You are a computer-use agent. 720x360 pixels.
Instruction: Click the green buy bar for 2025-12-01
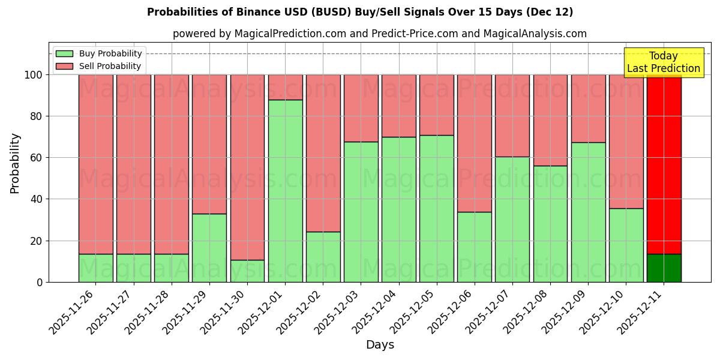pyautogui.click(x=285, y=191)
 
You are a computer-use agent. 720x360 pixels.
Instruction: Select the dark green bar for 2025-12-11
pyautogui.click(x=664, y=268)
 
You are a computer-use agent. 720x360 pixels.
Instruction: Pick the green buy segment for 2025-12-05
pyautogui.click(x=437, y=208)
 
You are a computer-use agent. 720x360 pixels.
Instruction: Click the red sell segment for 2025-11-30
pyautogui.click(x=247, y=167)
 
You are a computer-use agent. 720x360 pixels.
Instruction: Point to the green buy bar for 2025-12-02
pyautogui.click(x=323, y=257)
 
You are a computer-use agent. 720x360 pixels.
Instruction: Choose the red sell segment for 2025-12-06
pyautogui.click(x=475, y=143)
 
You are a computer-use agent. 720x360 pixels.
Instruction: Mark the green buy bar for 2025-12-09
pyautogui.click(x=588, y=212)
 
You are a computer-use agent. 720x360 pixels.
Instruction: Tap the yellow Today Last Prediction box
pyautogui.click(x=664, y=62)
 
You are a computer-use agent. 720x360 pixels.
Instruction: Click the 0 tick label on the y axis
pyautogui.click(x=40, y=282)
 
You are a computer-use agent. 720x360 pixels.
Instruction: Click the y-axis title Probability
pyautogui.click(x=15, y=163)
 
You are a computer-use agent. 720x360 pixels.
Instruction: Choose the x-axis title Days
pyautogui.click(x=380, y=345)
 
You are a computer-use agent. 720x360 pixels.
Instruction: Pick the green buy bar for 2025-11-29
pyautogui.click(x=209, y=248)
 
